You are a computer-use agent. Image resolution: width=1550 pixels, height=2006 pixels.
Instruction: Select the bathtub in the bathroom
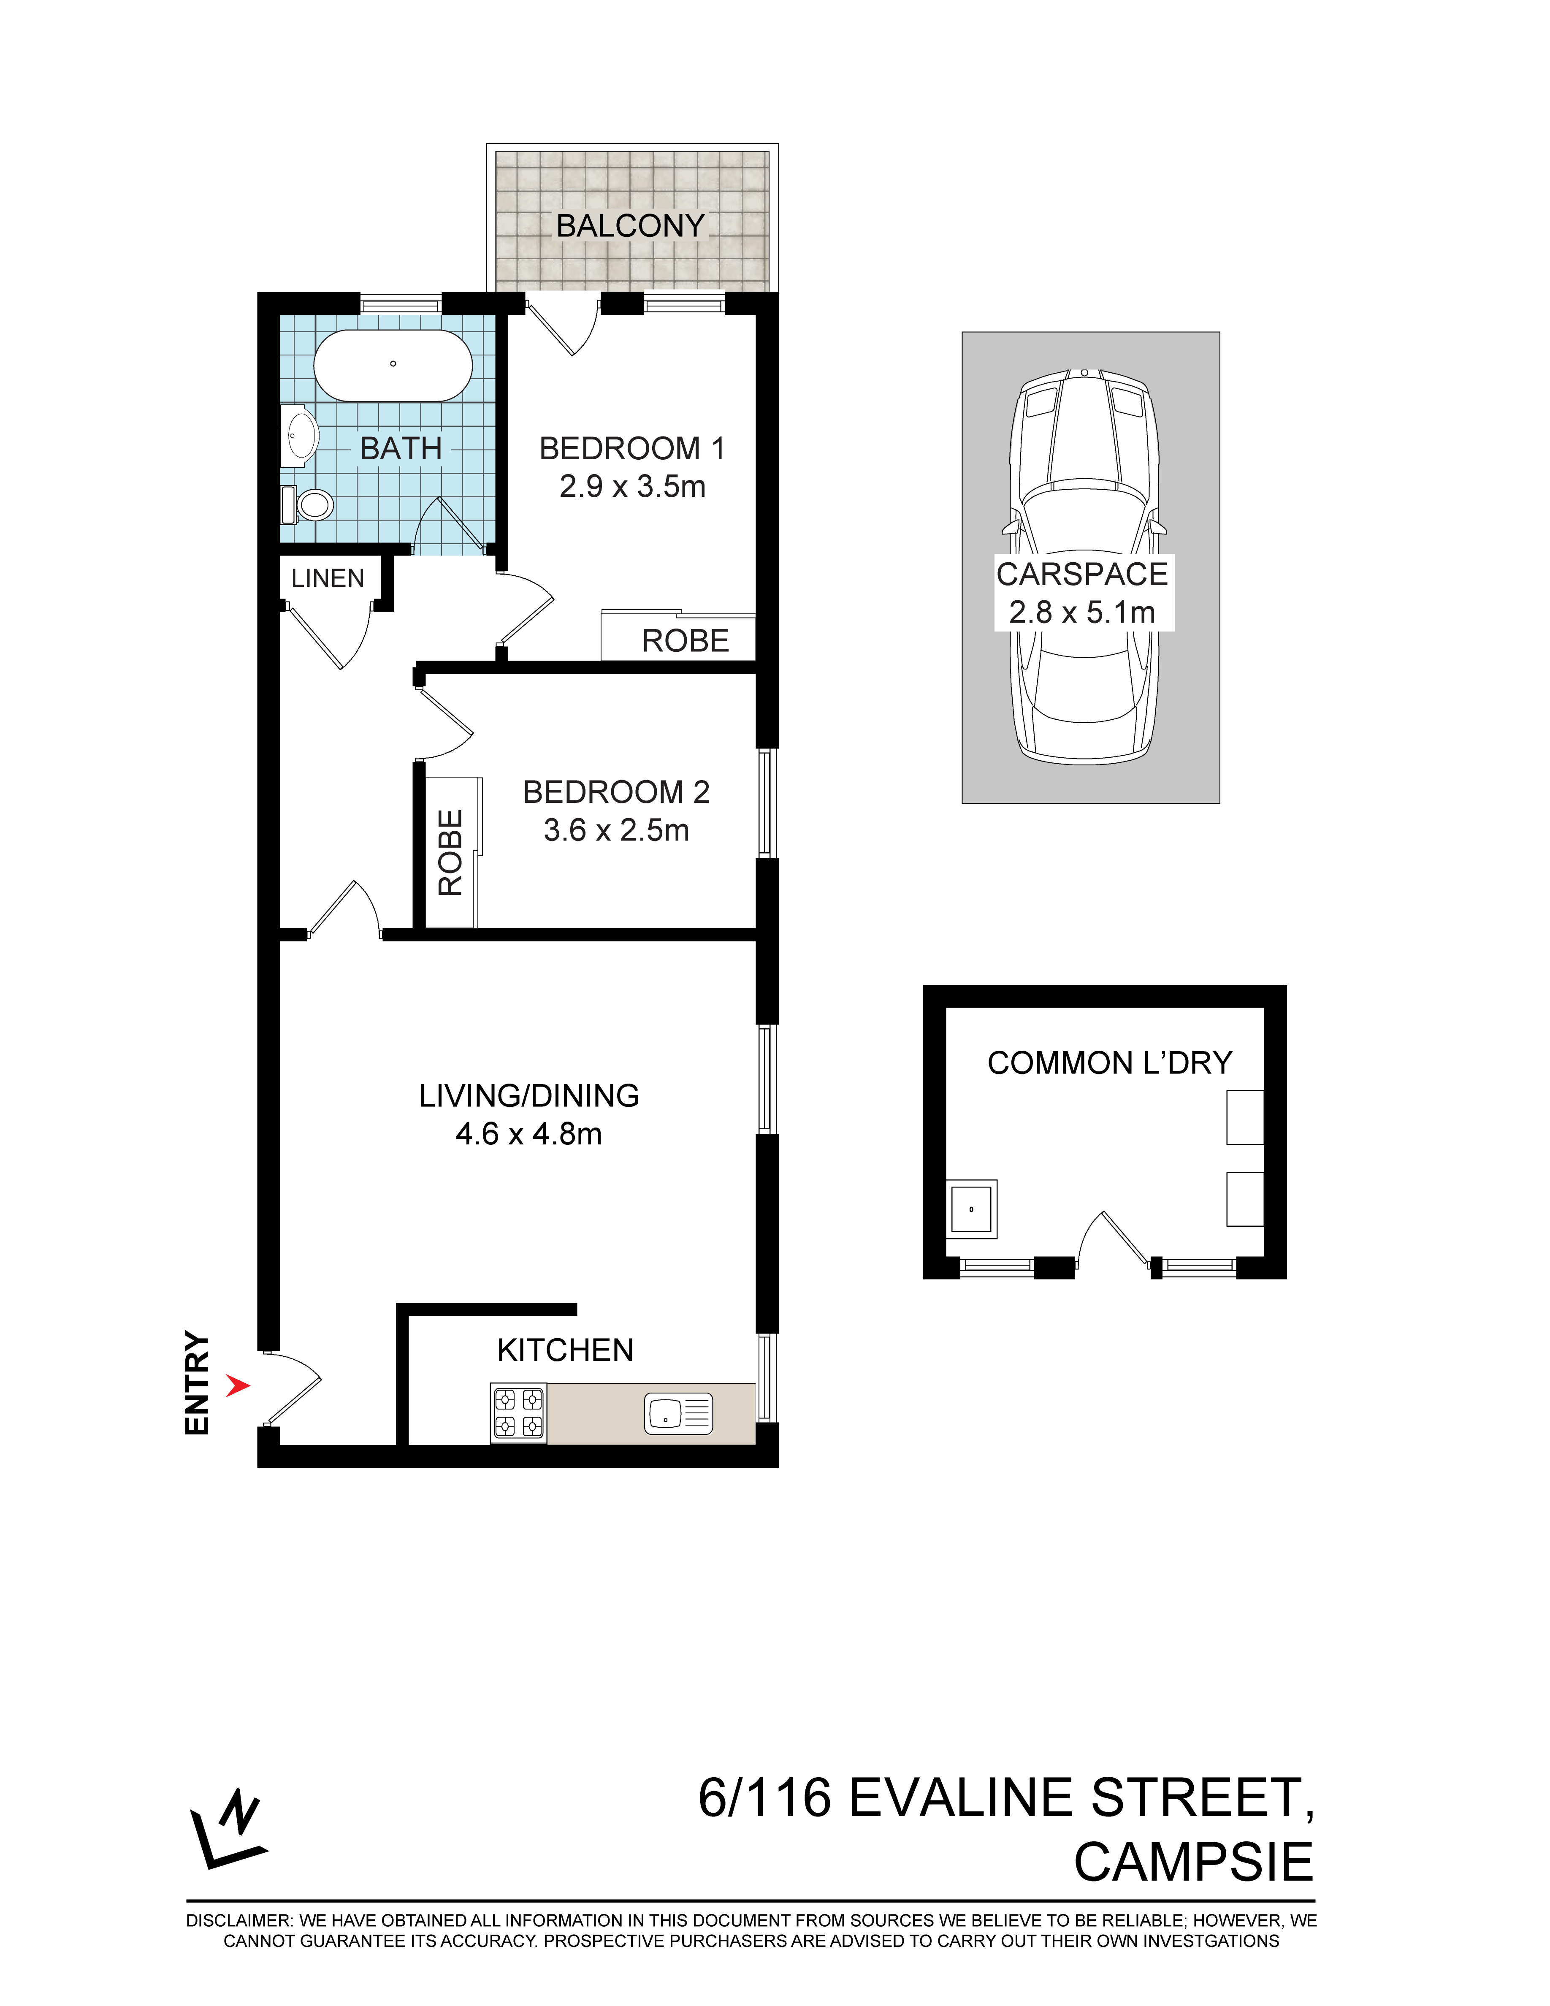(x=393, y=365)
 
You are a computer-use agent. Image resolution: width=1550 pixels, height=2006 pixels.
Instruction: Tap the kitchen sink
(x=679, y=1412)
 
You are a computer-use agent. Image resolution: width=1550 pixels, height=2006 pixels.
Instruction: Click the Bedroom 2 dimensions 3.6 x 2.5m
(x=616, y=830)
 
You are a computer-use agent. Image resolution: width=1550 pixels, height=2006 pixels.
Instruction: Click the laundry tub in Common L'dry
(x=972, y=1209)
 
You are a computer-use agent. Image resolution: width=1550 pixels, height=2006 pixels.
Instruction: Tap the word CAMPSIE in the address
(x=1194, y=1863)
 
